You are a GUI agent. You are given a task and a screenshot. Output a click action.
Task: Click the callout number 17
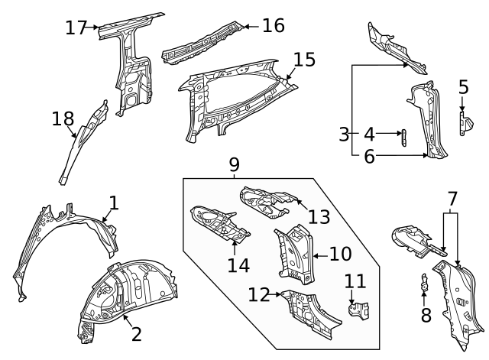[76, 28]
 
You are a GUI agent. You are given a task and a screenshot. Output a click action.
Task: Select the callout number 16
[273, 26]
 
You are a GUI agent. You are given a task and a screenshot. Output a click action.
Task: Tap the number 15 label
[304, 59]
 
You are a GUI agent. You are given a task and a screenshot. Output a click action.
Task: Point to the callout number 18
[63, 118]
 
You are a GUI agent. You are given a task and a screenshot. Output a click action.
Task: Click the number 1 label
[114, 203]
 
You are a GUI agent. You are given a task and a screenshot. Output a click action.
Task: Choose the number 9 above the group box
[234, 164]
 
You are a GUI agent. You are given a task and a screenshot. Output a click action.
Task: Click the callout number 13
[319, 216]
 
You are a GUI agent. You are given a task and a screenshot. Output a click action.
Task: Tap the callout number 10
[340, 253]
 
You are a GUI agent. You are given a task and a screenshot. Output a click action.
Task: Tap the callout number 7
[452, 199]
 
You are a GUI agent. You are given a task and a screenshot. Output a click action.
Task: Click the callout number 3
[344, 135]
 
